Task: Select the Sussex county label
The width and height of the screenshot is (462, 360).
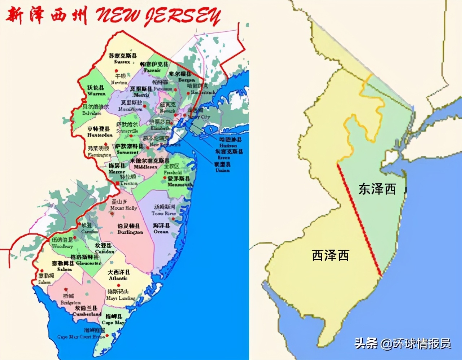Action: coord(122,59)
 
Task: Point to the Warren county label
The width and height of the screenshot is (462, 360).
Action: coord(96,91)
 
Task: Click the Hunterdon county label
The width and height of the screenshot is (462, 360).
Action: coord(100,132)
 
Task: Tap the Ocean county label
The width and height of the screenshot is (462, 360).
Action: coord(161,228)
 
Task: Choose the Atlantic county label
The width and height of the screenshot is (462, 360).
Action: coord(119,275)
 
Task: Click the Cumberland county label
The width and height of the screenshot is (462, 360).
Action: coord(87,311)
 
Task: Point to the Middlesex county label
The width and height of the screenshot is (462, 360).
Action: coord(149,164)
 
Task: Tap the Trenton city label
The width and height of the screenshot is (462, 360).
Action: coord(128,180)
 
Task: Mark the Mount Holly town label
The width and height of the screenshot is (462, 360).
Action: coord(122,205)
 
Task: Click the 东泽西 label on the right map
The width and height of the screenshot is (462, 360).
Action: coord(377,189)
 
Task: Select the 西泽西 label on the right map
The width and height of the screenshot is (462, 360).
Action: coord(331,255)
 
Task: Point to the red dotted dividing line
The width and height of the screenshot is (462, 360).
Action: coord(359,220)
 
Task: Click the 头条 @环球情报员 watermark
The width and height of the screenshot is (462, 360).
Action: coord(402,343)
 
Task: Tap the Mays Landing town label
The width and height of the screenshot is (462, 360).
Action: coord(120,295)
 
